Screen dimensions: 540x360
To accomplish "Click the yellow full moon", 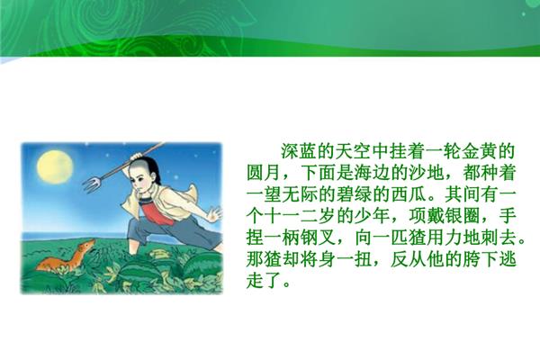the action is [x=55, y=167].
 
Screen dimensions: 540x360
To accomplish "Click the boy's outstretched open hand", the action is [x=214, y=213].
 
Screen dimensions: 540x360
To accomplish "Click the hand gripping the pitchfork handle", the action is [x=137, y=157].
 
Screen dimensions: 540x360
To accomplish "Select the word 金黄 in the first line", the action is [x=479, y=151].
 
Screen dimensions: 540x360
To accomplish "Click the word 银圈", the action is [x=463, y=216].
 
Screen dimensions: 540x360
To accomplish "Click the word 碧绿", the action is [x=355, y=194].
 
